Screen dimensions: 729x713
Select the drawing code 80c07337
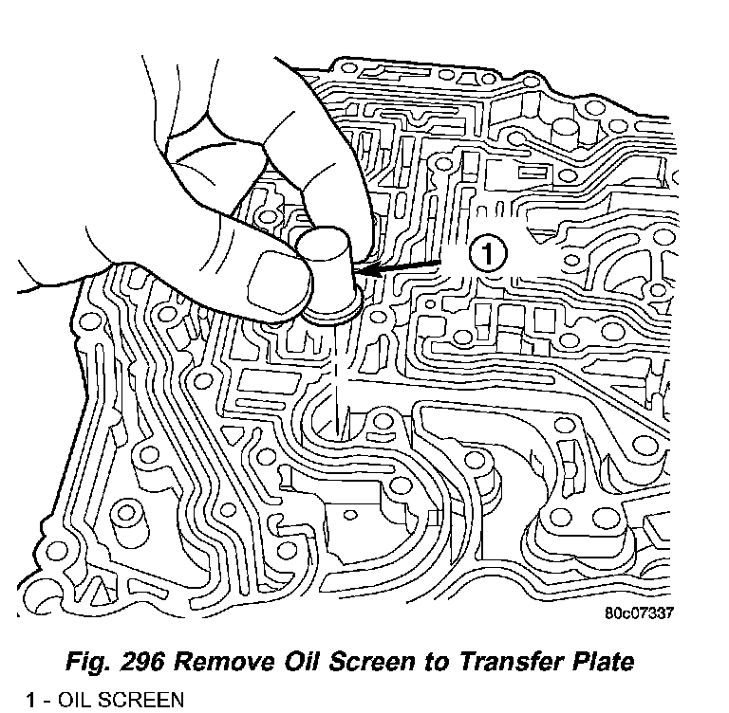[639, 612]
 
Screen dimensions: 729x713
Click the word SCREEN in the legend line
[139, 701]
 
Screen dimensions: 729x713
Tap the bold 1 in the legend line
[31, 701]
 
